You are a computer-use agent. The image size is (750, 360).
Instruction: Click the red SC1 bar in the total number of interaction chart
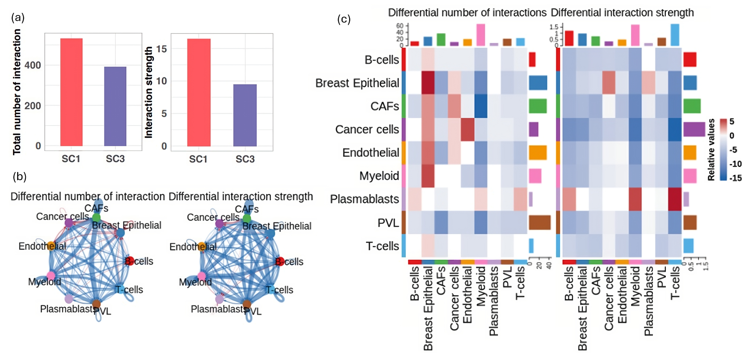71,92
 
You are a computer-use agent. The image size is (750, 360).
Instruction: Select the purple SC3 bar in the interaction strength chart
245,115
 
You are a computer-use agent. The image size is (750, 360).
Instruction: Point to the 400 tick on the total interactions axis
33,65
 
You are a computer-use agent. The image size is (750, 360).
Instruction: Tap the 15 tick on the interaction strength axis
162,49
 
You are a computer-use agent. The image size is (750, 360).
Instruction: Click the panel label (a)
18,18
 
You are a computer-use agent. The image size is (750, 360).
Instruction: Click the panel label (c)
344,19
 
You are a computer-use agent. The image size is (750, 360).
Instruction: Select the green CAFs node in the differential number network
96,218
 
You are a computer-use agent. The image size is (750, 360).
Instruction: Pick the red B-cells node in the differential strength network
279,261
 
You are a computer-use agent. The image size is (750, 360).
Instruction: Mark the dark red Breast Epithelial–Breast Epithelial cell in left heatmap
428,83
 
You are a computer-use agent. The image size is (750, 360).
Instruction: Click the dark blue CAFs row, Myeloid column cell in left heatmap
481,106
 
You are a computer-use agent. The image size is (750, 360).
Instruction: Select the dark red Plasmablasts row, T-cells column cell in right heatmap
675,199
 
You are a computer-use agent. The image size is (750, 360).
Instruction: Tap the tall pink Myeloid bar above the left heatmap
481,35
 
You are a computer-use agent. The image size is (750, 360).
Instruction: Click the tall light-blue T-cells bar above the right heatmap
675,35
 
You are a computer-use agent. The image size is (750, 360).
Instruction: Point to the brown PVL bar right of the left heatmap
540,223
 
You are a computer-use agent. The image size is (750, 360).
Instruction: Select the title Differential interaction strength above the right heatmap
622,12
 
